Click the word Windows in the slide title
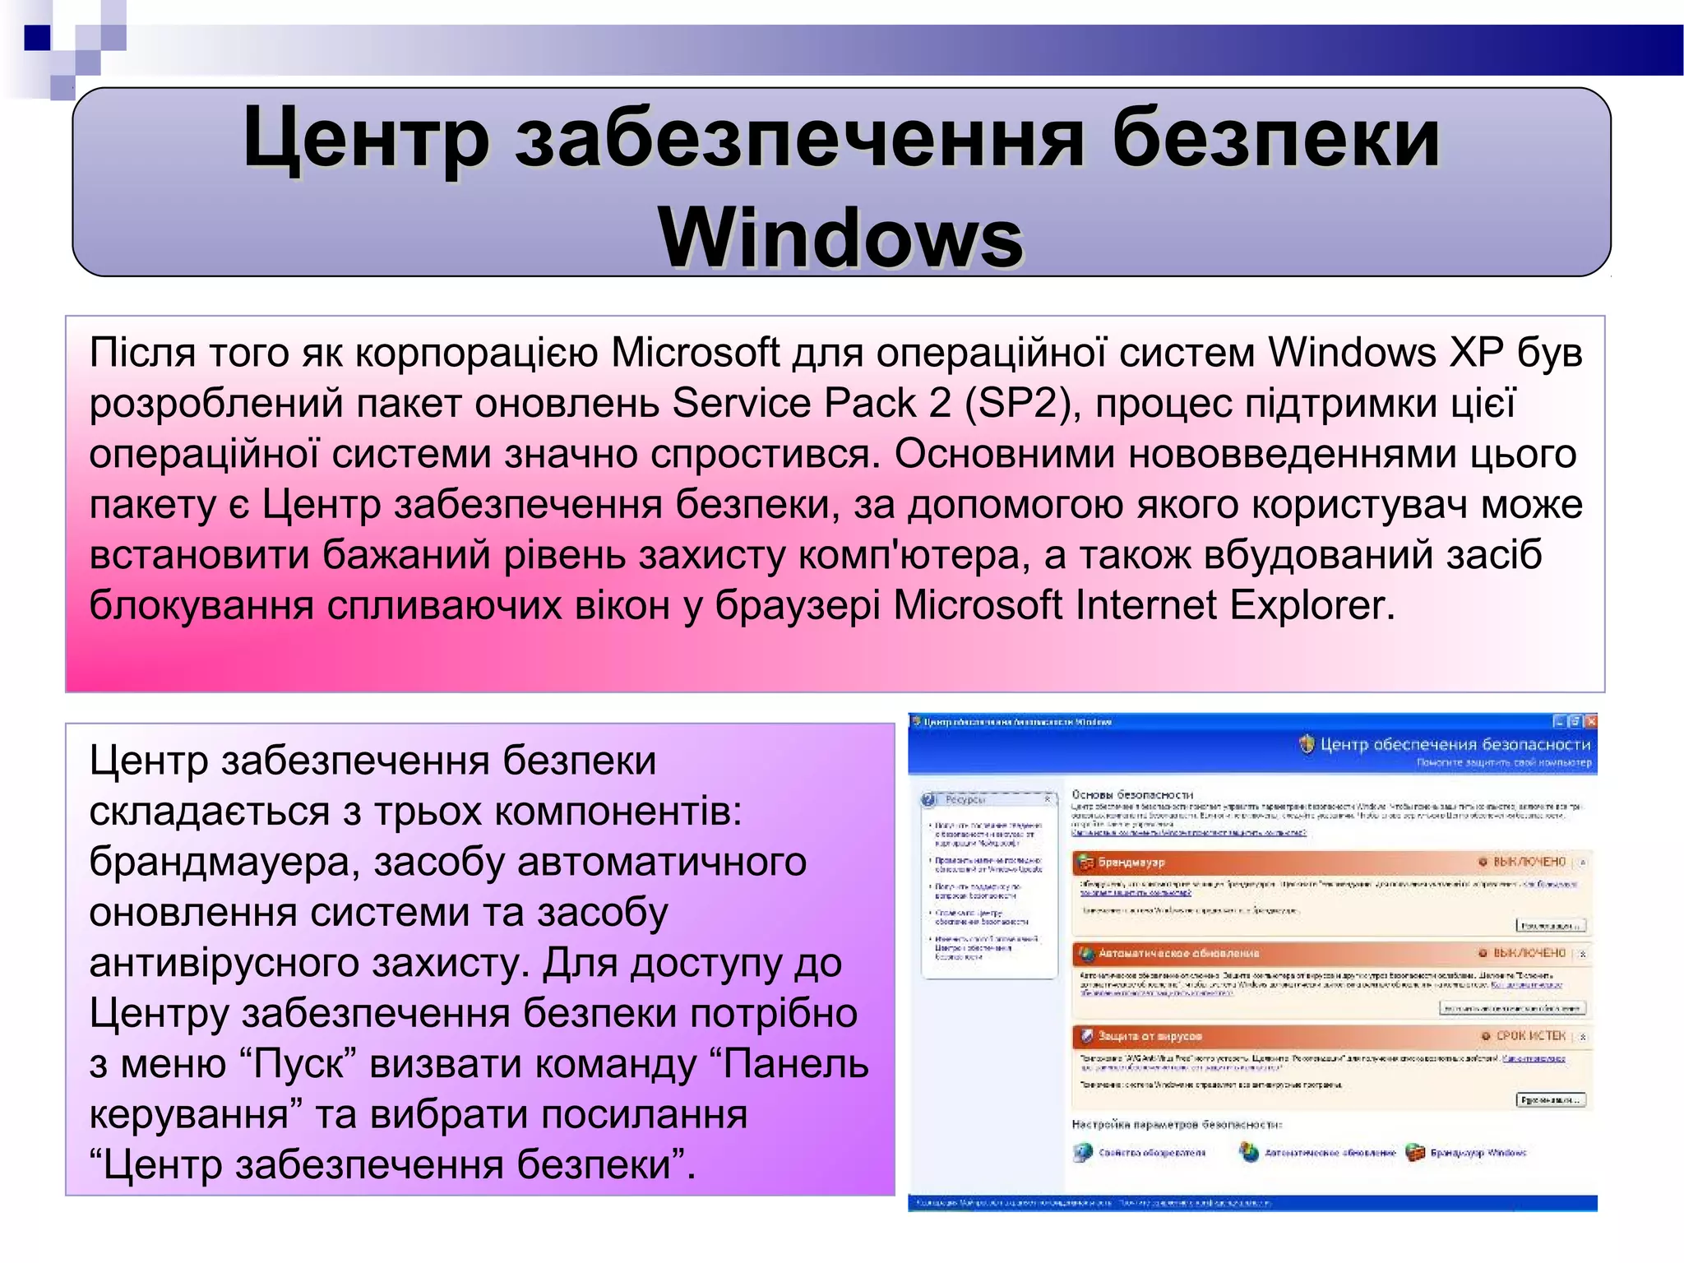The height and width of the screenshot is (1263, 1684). click(x=840, y=238)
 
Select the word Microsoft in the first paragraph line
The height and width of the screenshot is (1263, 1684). click(x=695, y=353)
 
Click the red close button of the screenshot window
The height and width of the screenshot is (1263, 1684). click(x=1591, y=722)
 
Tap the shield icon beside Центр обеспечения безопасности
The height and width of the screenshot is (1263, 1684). click(x=1307, y=745)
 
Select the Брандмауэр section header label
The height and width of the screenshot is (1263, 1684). click(x=1131, y=863)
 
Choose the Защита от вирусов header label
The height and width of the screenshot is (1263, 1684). click(x=1150, y=1036)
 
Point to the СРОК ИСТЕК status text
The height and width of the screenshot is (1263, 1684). click(x=1530, y=1036)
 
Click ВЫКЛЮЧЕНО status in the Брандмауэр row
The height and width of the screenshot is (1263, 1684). click(x=1529, y=863)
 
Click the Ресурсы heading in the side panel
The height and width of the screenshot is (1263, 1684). click(x=964, y=799)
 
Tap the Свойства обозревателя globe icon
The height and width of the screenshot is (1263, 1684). click(x=1083, y=1153)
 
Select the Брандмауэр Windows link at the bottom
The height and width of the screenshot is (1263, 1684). click(x=1478, y=1153)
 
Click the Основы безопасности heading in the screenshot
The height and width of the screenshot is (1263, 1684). click(x=1131, y=795)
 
